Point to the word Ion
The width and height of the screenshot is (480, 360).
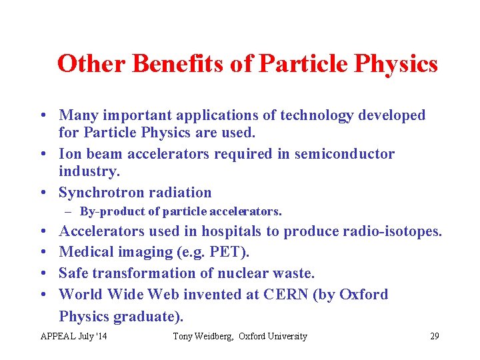(x=71, y=154)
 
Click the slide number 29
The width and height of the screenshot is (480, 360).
(x=434, y=336)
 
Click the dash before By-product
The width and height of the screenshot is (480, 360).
(x=69, y=212)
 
